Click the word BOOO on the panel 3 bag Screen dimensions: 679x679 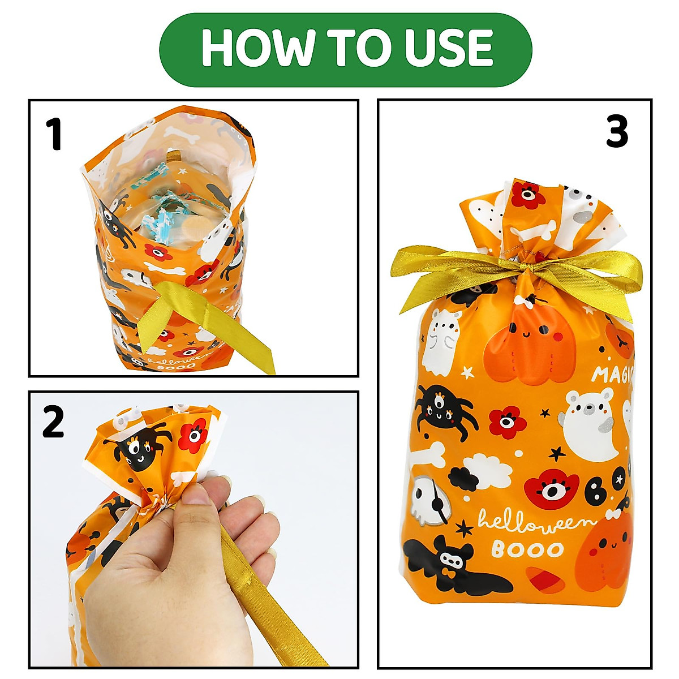[x=527, y=549]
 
